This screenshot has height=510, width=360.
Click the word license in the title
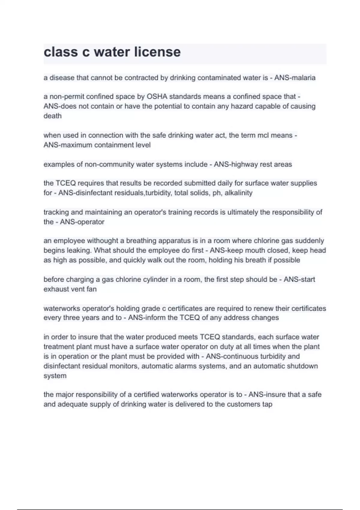point(157,52)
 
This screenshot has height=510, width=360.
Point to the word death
point(52,116)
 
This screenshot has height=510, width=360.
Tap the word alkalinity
point(238,193)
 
